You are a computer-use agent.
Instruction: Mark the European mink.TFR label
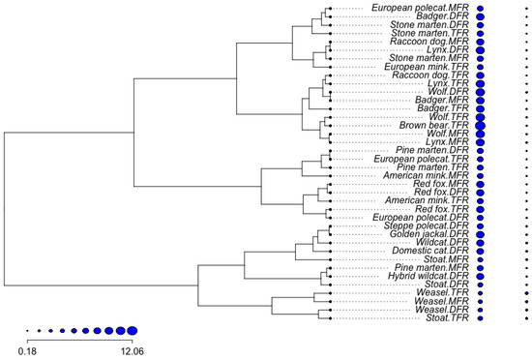click(x=427, y=67)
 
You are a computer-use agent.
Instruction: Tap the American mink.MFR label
click(x=429, y=175)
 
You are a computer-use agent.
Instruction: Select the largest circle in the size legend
click(x=132, y=329)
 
